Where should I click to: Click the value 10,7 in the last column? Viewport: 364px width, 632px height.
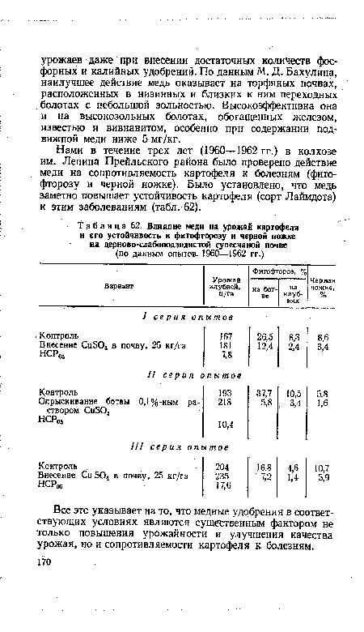coord(324,466)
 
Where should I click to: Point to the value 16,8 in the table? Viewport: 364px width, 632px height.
coord(261,466)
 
